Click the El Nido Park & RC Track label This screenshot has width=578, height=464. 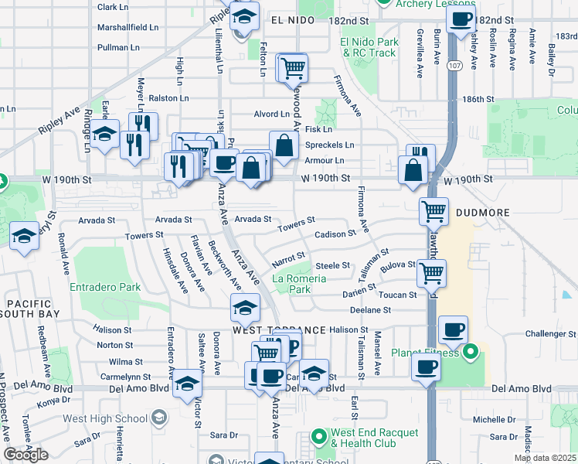(x=368, y=47)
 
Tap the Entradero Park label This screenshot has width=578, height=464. (x=105, y=287)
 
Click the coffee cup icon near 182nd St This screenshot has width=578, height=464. (x=461, y=21)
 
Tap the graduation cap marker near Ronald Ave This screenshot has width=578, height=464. (x=25, y=237)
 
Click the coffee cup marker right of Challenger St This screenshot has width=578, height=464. (x=453, y=331)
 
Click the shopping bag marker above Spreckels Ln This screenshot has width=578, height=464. (x=284, y=145)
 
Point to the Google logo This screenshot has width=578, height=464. (x=25, y=455)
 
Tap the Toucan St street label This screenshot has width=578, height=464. (x=397, y=295)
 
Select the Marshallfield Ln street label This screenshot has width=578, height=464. (x=127, y=27)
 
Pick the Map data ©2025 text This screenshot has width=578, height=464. (x=545, y=458)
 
